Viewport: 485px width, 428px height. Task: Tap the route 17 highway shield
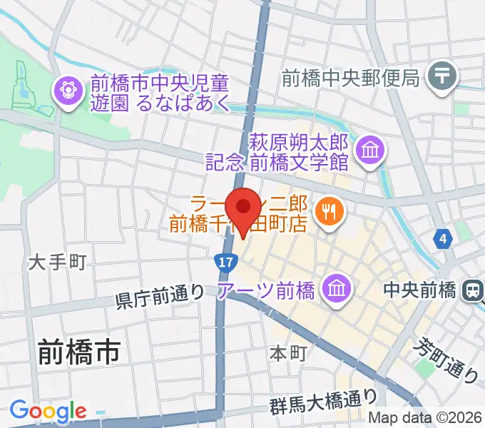coord(225,263)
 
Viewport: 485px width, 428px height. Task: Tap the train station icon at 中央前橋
coord(472,290)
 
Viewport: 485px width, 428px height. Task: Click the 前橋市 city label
coord(78,352)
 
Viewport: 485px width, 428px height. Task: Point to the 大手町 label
coord(57,263)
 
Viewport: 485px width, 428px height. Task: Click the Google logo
coord(48,411)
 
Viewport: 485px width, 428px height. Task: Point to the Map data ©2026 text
coord(426,419)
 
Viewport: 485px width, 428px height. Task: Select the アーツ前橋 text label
coord(275,290)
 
